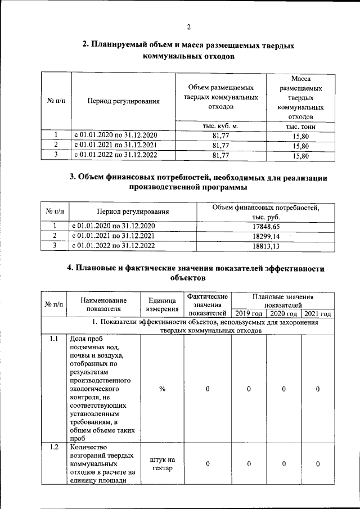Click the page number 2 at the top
pyautogui.click(x=190, y=26)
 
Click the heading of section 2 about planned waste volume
pyautogui.click(x=188, y=50)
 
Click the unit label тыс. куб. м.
pyautogui.click(x=220, y=126)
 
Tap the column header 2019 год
pyautogui.click(x=249, y=313)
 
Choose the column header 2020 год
pyautogui.click(x=283, y=313)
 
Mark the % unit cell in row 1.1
pyautogui.click(x=162, y=389)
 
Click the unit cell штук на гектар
pyautogui.click(x=162, y=465)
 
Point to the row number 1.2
pyautogui.click(x=54, y=448)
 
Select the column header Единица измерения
pyautogui.click(x=162, y=304)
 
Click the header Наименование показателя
pyautogui.click(x=103, y=304)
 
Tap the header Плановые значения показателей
pyautogui.click(x=283, y=300)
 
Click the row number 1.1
pyautogui.click(x=54, y=339)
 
